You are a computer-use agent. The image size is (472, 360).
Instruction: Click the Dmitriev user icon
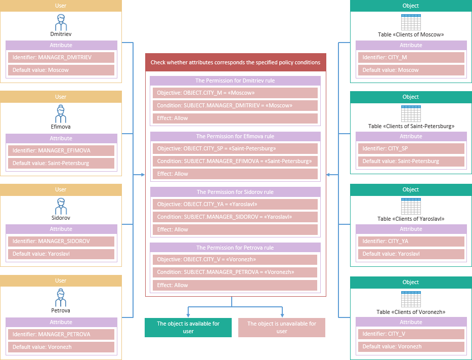click(61, 22)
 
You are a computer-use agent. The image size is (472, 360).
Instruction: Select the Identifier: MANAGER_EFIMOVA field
click(61, 150)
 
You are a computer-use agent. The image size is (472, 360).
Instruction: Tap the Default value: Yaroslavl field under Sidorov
click(61, 254)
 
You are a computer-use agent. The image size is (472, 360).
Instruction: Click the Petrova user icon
click(61, 298)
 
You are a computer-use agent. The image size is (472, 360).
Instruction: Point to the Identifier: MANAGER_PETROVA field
click(61, 334)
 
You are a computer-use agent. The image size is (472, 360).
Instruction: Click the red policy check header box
click(235, 62)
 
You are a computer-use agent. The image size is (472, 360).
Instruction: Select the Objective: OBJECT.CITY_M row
click(235, 93)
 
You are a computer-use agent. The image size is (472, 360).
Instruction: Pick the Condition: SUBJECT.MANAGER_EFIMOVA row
click(235, 161)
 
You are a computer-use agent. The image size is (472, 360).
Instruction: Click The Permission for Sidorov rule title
click(235, 192)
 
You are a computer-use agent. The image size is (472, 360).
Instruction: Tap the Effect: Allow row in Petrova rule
click(235, 285)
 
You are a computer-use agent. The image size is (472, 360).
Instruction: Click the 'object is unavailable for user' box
click(282, 328)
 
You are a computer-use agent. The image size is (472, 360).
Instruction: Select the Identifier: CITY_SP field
click(411, 149)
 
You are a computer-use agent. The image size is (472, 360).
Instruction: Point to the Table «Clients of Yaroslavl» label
click(411, 219)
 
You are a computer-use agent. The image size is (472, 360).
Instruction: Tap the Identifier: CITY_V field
click(411, 334)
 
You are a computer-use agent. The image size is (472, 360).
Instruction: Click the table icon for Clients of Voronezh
click(411, 300)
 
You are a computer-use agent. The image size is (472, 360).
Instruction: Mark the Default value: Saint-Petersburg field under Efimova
click(61, 163)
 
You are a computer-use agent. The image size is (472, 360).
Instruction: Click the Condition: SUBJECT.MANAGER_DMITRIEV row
click(235, 105)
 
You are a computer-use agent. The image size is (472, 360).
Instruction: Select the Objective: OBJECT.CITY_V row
click(235, 260)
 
